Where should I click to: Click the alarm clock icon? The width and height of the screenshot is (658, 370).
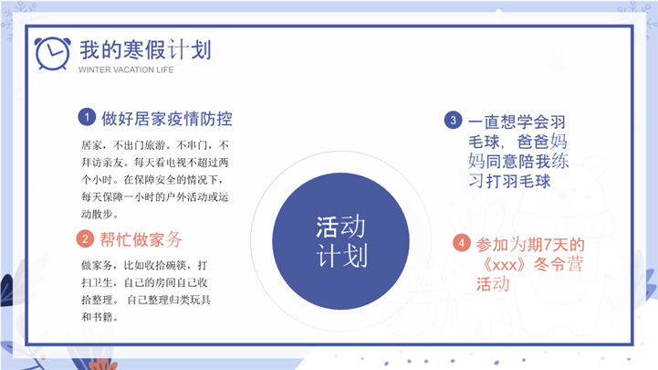pyautogui.click(x=52, y=53)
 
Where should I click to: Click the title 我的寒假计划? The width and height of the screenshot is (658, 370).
pyautogui.click(x=145, y=50)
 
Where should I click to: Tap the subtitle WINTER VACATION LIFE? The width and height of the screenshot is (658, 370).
pyautogui.click(x=126, y=70)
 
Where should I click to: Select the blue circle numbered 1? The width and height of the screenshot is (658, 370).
pyautogui.click(x=87, y=117)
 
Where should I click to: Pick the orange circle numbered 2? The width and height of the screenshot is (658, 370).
pyautogui.click(x=85, y=239)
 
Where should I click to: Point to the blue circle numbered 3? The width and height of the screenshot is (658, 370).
pyautogui.click(x=453, y=120)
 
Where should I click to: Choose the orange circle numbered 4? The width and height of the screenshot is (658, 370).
pyautogui.click(x=461, y=243)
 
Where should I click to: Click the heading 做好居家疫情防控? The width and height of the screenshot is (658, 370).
pyautogui.click(x=167, y=119)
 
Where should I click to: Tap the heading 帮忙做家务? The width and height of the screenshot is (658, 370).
pyautogui.click(x=141, y=239)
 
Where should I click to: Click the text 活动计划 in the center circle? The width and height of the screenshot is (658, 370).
pyautogui.click(x=341, y=241)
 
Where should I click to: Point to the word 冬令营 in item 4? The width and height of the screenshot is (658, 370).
pyautogui.click(x=559, y=265)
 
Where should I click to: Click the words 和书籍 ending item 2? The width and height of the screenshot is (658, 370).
pyautogui.click(x=97, y=317)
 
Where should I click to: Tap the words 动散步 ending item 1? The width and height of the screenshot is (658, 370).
pyautogui.click(x=97, y=214)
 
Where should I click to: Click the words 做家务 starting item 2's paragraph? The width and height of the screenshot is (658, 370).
pyautogui.click(x=97, y=266)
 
